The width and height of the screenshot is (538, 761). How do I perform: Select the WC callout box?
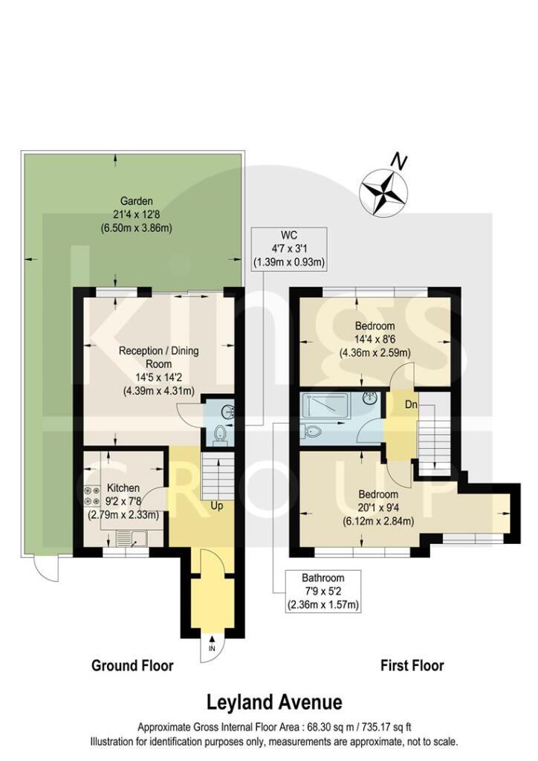290,248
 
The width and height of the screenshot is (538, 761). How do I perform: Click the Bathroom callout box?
323,592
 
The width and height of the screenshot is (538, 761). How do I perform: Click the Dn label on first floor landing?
409,406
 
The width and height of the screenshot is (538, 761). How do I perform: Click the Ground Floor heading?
132,665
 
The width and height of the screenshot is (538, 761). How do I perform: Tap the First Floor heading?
412,665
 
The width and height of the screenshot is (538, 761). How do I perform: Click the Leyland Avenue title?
274,702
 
